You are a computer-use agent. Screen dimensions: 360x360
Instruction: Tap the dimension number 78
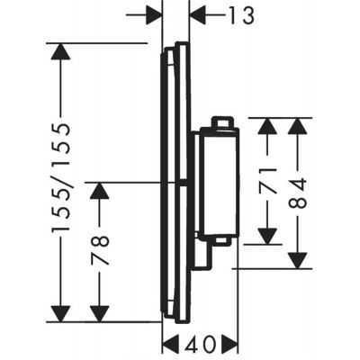[100, 251]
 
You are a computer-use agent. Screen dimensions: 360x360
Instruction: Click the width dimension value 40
[200, 343]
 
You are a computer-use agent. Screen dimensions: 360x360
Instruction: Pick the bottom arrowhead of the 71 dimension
[267, 235]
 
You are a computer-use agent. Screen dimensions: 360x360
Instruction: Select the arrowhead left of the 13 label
[155, 15]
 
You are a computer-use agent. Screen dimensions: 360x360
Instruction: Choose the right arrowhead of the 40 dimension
[228, 343]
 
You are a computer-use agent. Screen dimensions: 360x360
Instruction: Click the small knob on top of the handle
[221, 122]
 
